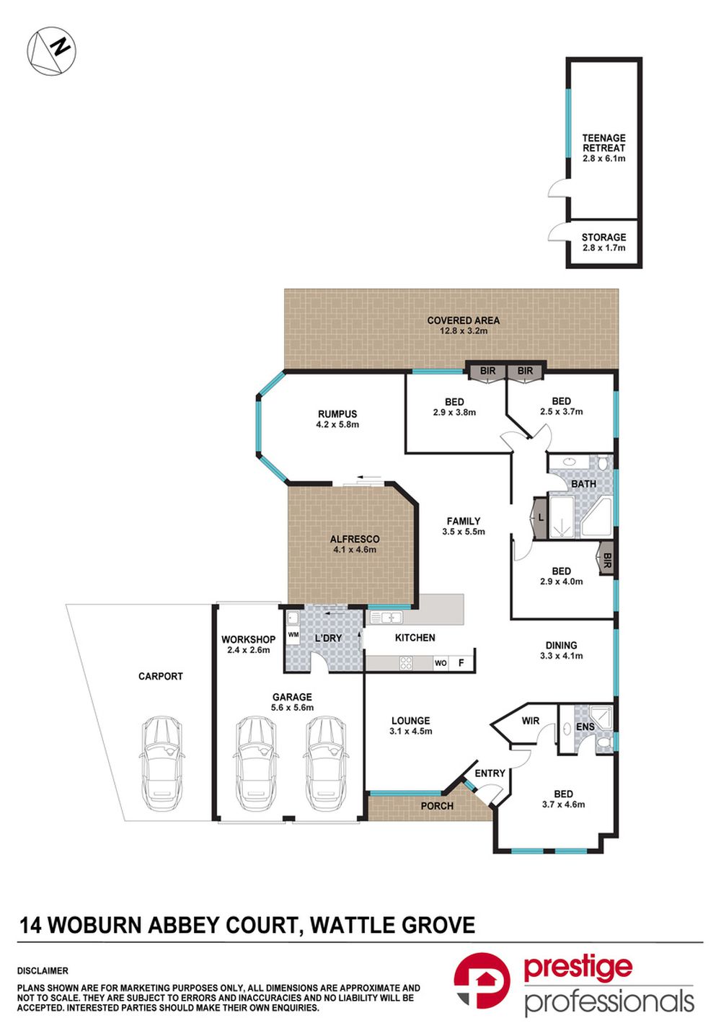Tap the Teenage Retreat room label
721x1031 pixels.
click(x=603, y=143)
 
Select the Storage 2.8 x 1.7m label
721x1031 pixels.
click(x=603, y=242)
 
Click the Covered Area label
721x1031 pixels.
click(x=463, y=320)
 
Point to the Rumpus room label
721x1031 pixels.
click(x=337, y=414)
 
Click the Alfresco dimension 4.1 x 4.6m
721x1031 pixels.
click(x=355, y=550)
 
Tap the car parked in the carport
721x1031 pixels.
click(x=161, y=764)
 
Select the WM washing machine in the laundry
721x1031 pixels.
click(x=293, y=635)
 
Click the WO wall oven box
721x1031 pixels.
click(x=441, y=663)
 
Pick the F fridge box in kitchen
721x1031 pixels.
click(x=461, y=663)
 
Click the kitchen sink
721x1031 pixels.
click(x=386, y=618)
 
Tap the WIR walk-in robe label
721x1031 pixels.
click(x=531, y=721)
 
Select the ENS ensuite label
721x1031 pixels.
click(x=585, y=727)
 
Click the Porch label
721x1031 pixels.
click(x=437, y=806)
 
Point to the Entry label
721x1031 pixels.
click(x=490, y=773)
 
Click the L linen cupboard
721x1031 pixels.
click(x=541, y=517)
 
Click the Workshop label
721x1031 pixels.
click(x=248, y=639)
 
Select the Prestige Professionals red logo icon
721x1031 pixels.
click(x=482, y=980)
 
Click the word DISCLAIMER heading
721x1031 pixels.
click(x=43, y=971)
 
